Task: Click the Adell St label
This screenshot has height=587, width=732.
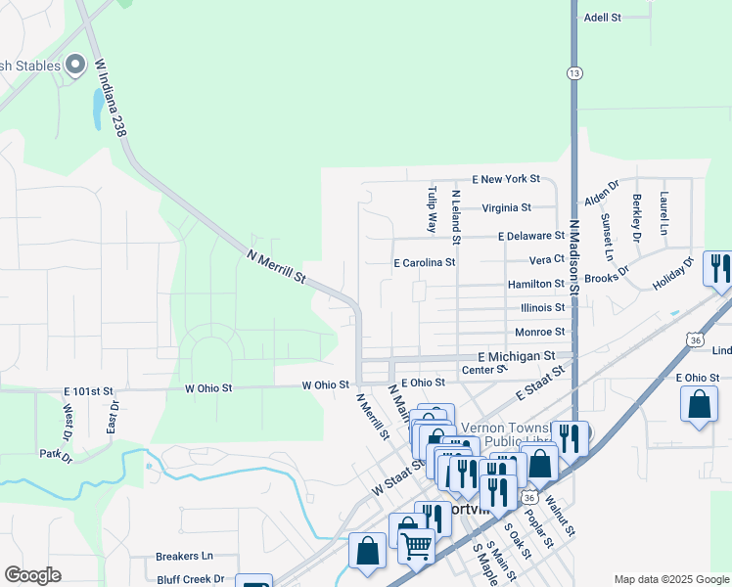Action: (x=602, y=18)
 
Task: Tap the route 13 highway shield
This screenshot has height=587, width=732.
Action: (x=573, y=73)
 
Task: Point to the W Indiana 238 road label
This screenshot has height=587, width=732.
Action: (x=113, y=98)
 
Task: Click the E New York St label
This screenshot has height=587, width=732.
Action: (x=505, y=179)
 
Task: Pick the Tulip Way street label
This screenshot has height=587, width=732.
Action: (x=432, y=208)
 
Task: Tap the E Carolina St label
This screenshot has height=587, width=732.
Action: (x=424, y=263)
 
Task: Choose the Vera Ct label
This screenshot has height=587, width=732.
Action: (x=546, y=260)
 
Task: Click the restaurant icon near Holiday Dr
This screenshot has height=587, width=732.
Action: (x=718, y=268)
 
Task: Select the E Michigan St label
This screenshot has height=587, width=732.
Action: (x=516, y=357)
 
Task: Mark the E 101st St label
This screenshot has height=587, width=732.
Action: (x=89, y=390)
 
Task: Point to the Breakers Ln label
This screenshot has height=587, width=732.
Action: (x=184, y=556)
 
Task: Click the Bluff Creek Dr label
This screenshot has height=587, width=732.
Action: (x=190, y=578)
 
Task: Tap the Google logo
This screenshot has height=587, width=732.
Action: (x=32, y=575)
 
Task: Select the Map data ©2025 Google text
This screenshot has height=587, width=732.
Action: (x=670, y=579)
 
